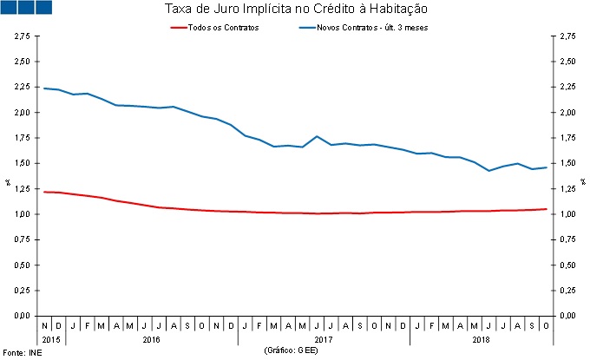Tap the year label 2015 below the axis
50,340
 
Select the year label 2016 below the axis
151,340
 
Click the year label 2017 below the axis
324,340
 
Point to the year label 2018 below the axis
481,340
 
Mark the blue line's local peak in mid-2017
317,136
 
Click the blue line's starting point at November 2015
43,88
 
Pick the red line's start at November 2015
43,192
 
